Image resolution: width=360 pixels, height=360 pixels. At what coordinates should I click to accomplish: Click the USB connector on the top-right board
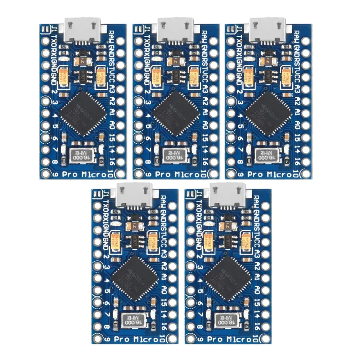tap(268, 27)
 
